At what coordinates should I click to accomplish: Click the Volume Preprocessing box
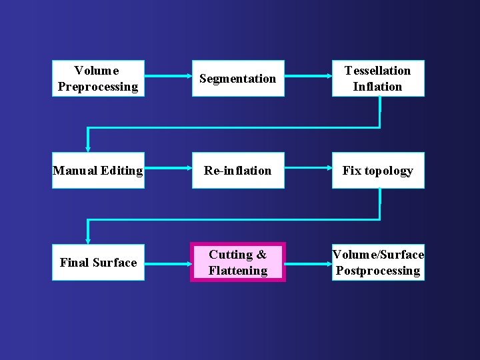(x=98, y=79)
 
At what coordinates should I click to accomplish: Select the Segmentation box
(x=238, y=79)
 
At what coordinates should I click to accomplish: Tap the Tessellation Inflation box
(x=378, y=79)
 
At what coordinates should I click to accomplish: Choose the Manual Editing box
(x=98, y=171)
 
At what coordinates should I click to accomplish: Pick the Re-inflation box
(x=238, y=171)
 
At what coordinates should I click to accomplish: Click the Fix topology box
(x=378, y=171)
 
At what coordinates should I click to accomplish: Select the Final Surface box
(x=98, y=263)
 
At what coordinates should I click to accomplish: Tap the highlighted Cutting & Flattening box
(x=238, y=263)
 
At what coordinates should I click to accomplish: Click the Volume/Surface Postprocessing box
(x=378, y=263)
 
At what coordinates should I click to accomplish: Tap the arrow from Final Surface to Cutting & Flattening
(x=168, y=263)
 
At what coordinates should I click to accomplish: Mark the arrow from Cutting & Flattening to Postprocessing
(x=308, y=263)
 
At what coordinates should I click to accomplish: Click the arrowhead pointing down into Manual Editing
(x=87, y=148)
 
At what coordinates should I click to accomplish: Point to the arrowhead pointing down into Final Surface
(x=87, y=240)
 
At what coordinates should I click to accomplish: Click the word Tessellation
(x=377, y=71)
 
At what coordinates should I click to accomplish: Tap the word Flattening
(x=238, y=271)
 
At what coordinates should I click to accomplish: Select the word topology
(x=388, y=171)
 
